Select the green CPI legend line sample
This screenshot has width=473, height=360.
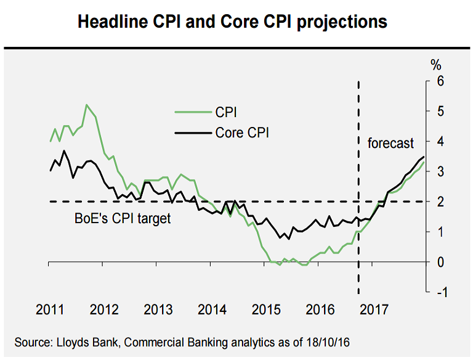coord(192,112)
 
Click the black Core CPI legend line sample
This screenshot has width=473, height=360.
coord(192,132)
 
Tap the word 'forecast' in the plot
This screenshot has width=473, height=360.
coord(390,143)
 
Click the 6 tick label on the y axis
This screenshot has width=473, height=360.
coord(440,81)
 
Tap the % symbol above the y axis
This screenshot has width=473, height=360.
coord(436,63)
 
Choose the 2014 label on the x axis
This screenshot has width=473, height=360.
coord(211,310)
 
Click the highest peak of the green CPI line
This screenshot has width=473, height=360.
coord(86,105)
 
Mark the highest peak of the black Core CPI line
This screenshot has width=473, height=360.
coord(64,151)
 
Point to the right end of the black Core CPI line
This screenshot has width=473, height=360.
coord(424,157)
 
